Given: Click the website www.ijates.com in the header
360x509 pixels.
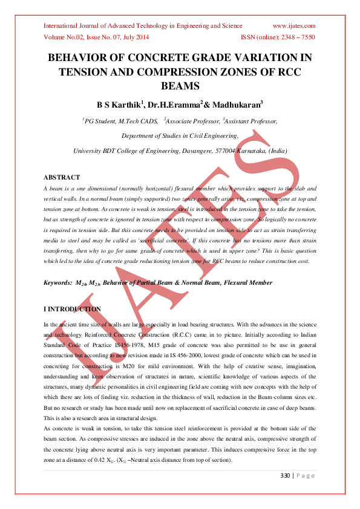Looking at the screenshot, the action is pos(295,26).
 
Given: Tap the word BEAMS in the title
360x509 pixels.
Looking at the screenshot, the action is pos(180,86).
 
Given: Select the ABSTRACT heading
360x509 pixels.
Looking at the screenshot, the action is pos(62,177).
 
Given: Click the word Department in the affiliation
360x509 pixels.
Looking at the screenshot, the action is pos(140,136).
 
